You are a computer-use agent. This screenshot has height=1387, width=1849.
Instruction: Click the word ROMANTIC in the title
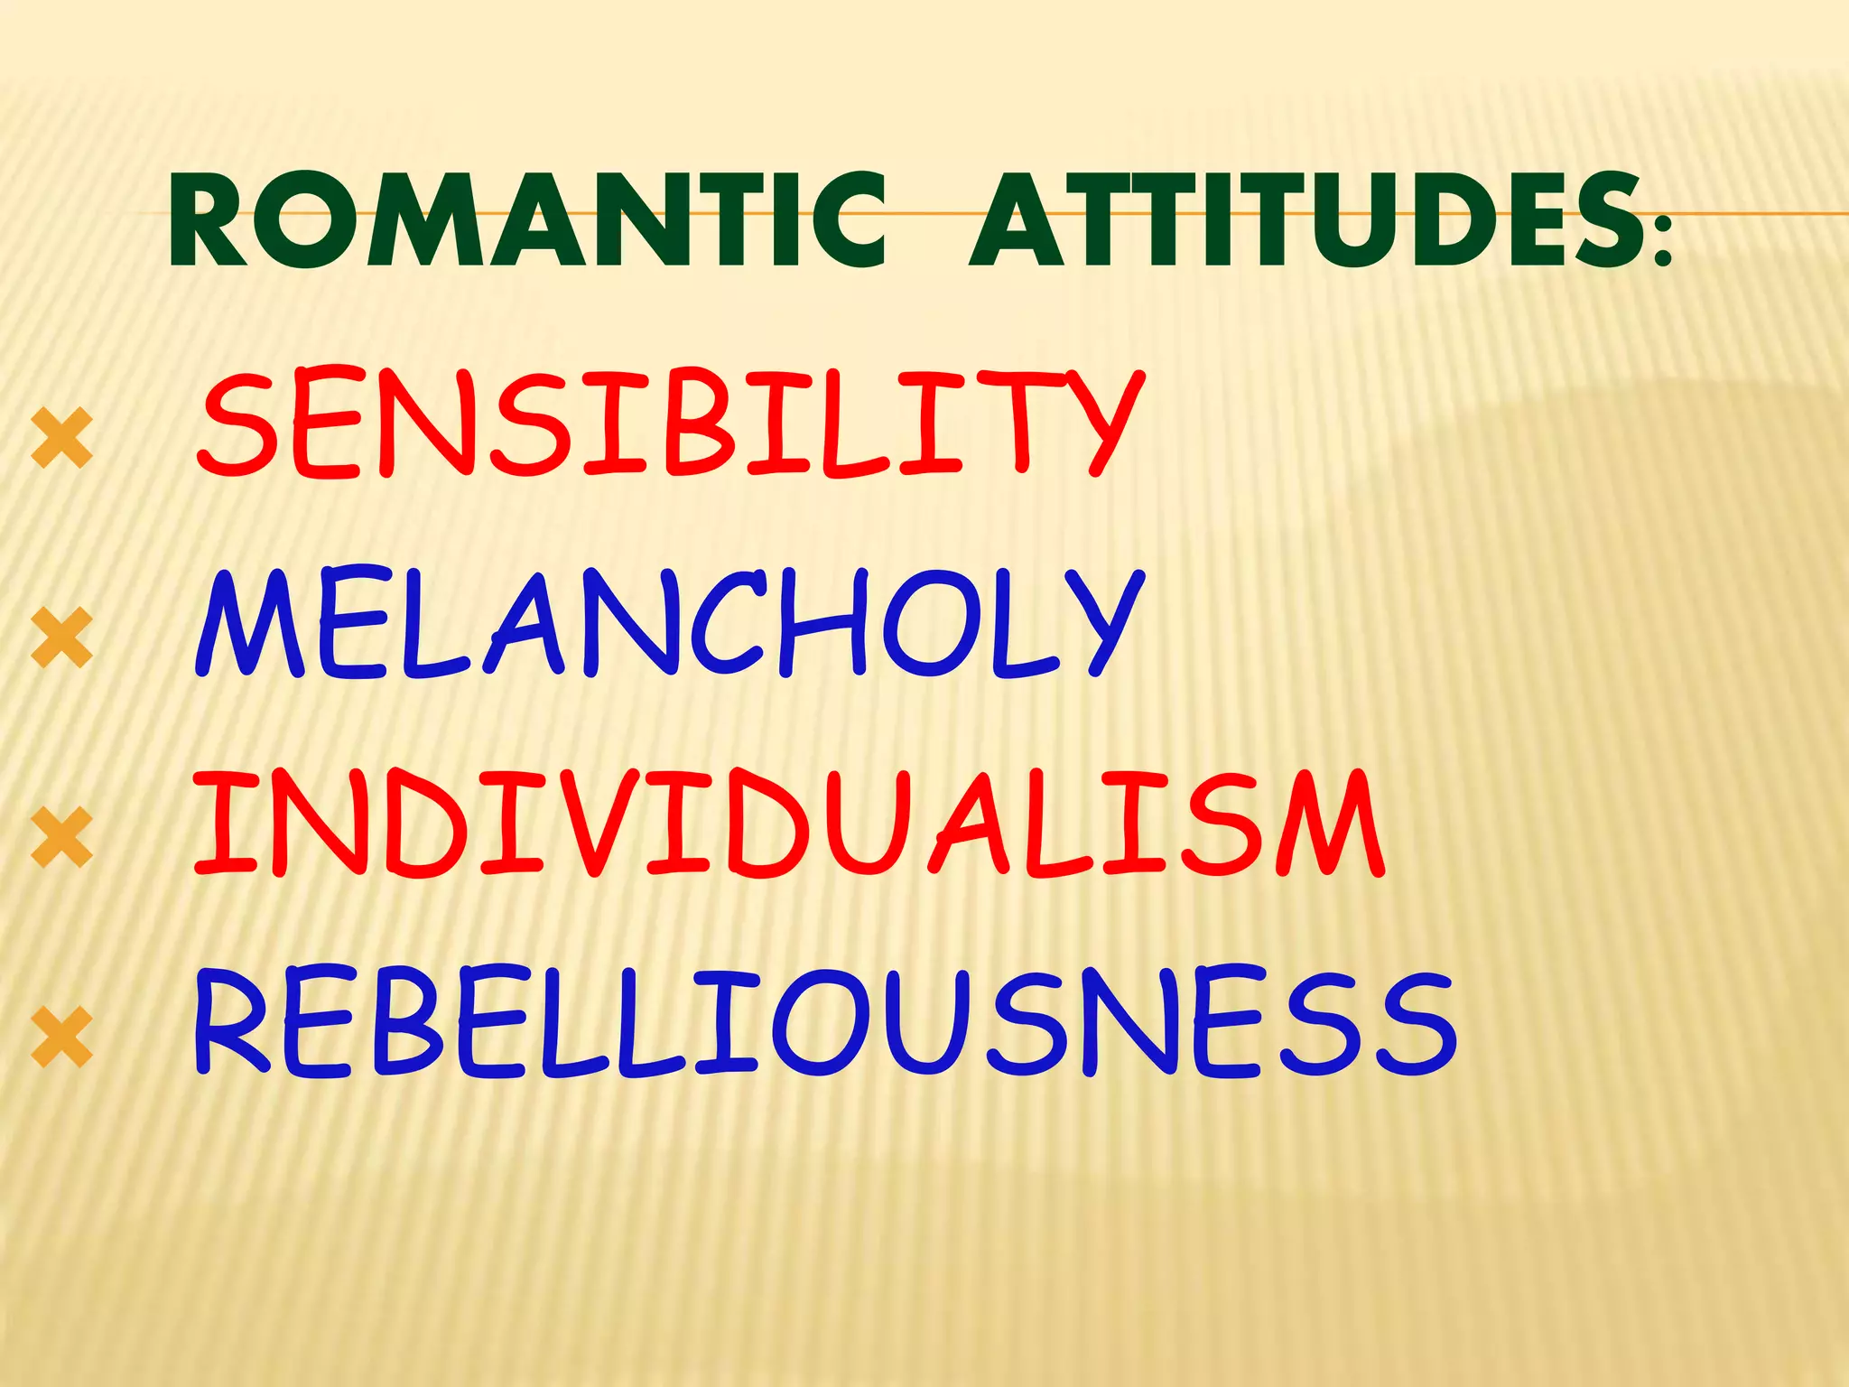(x=527, y=220)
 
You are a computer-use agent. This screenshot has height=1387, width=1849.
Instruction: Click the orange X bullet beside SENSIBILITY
(x=61, y=437)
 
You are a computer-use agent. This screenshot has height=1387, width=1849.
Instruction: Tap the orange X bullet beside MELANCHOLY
(x=61, y=638)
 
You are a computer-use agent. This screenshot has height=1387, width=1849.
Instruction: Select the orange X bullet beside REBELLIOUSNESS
(x=61, y=1038)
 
